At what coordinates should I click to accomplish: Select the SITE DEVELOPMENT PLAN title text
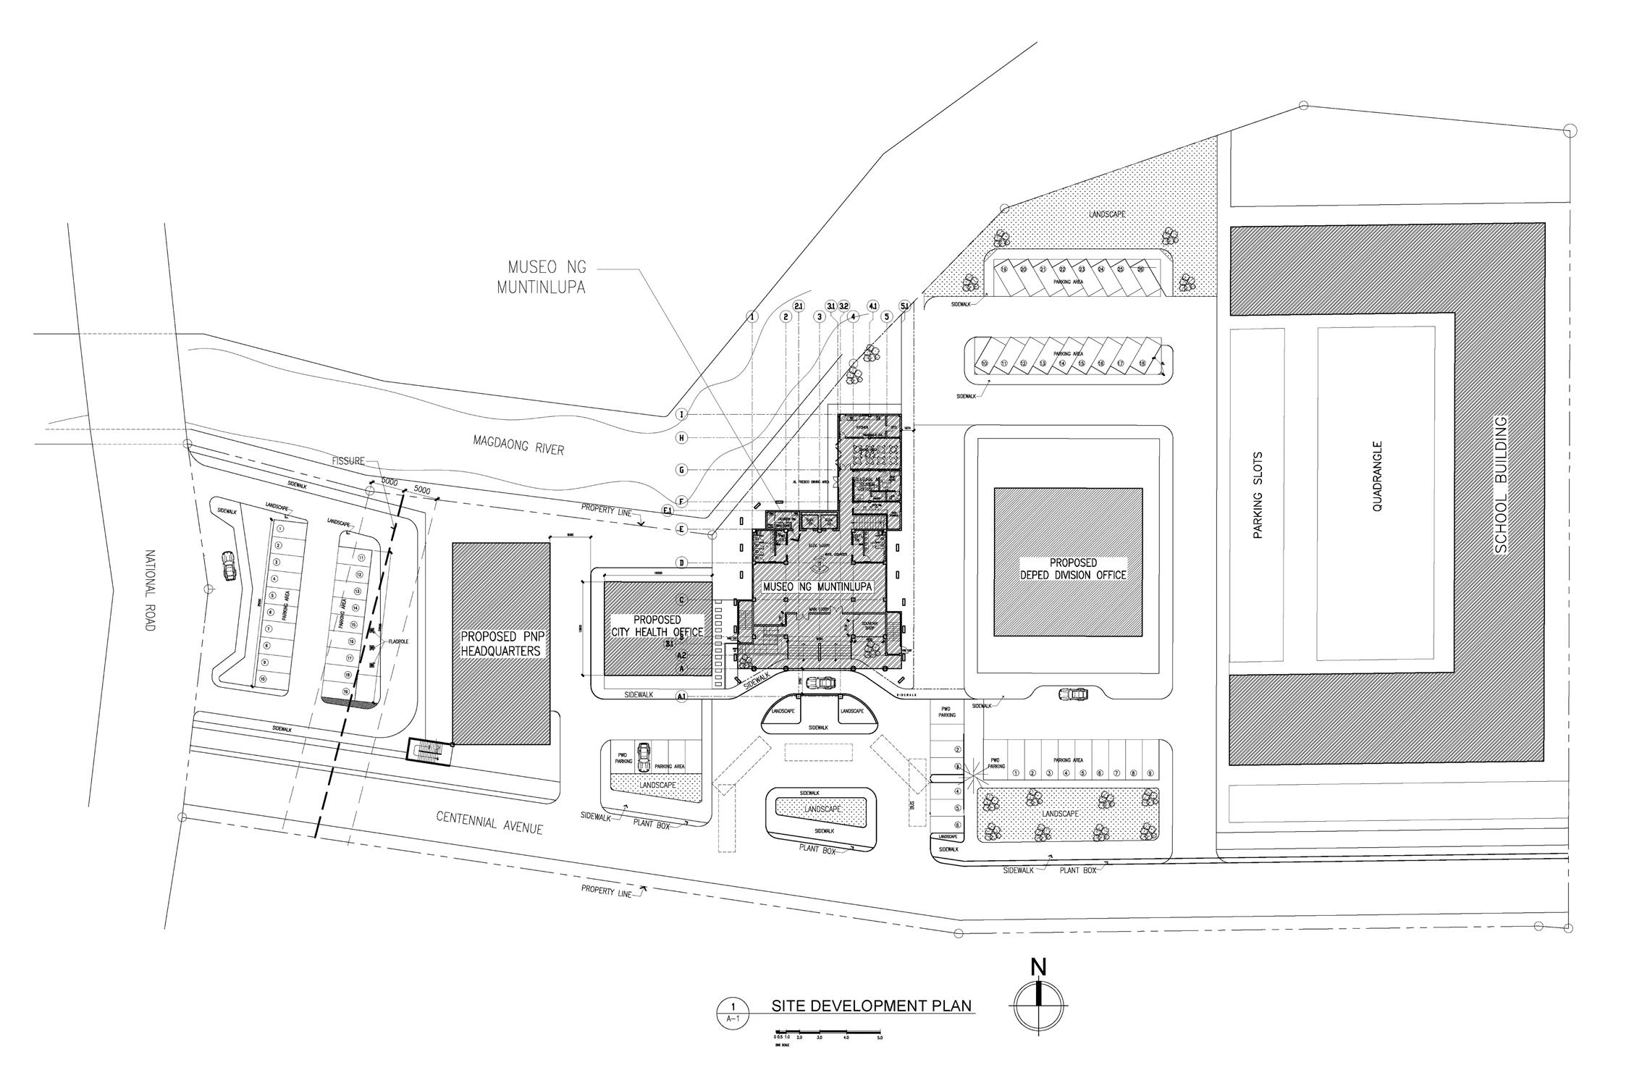click(x=871, y=1006)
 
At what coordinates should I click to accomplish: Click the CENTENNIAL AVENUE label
click(x=489, y=822)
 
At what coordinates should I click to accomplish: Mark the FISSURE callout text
click(x=348, y=461)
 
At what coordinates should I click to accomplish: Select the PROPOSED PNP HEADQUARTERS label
click(x=501, y=644)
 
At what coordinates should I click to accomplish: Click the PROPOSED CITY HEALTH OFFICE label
click(x=657, y=626)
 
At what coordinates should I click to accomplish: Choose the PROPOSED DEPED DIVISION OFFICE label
click(x=1073, y=568)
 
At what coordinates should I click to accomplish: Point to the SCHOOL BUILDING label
click(x=1501, y=485)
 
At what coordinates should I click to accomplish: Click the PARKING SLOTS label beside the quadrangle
click(x=1258, y=495)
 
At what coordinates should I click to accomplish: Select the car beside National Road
click(x=229, y=566)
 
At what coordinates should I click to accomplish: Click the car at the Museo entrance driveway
click(x=820, y=683)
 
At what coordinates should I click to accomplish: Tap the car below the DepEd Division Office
click(x=1073, y=694)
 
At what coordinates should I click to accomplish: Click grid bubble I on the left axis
click(x=681, y=414)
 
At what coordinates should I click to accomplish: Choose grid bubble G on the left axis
click(x=681, y=470)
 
